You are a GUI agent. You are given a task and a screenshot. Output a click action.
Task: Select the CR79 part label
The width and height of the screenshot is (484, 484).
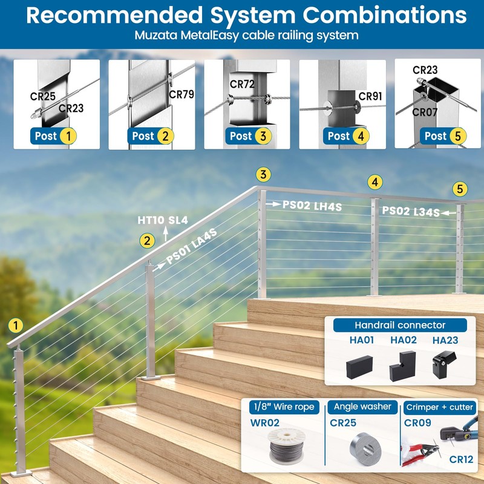(181, 94)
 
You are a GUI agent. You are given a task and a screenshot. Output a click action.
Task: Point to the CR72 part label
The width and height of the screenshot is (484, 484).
(242, 84)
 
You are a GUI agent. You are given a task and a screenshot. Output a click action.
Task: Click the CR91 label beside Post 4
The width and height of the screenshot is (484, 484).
(370, 96)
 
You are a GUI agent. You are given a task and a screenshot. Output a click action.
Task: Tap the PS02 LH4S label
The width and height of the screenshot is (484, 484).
(312, 206)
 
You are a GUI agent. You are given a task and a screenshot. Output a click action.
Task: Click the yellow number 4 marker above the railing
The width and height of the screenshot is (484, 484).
(375, 181)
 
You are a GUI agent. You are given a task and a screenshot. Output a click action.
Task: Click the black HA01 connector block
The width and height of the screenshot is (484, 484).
(360, 365)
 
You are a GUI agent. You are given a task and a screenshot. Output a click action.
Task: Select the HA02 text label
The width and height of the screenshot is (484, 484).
(404, 340)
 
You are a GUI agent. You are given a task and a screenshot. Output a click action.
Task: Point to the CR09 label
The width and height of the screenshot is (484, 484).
(417, 423)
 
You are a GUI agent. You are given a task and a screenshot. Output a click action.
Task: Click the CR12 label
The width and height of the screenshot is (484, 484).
(462, 460)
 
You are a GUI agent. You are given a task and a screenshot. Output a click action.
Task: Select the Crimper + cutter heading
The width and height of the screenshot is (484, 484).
(440, 407)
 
